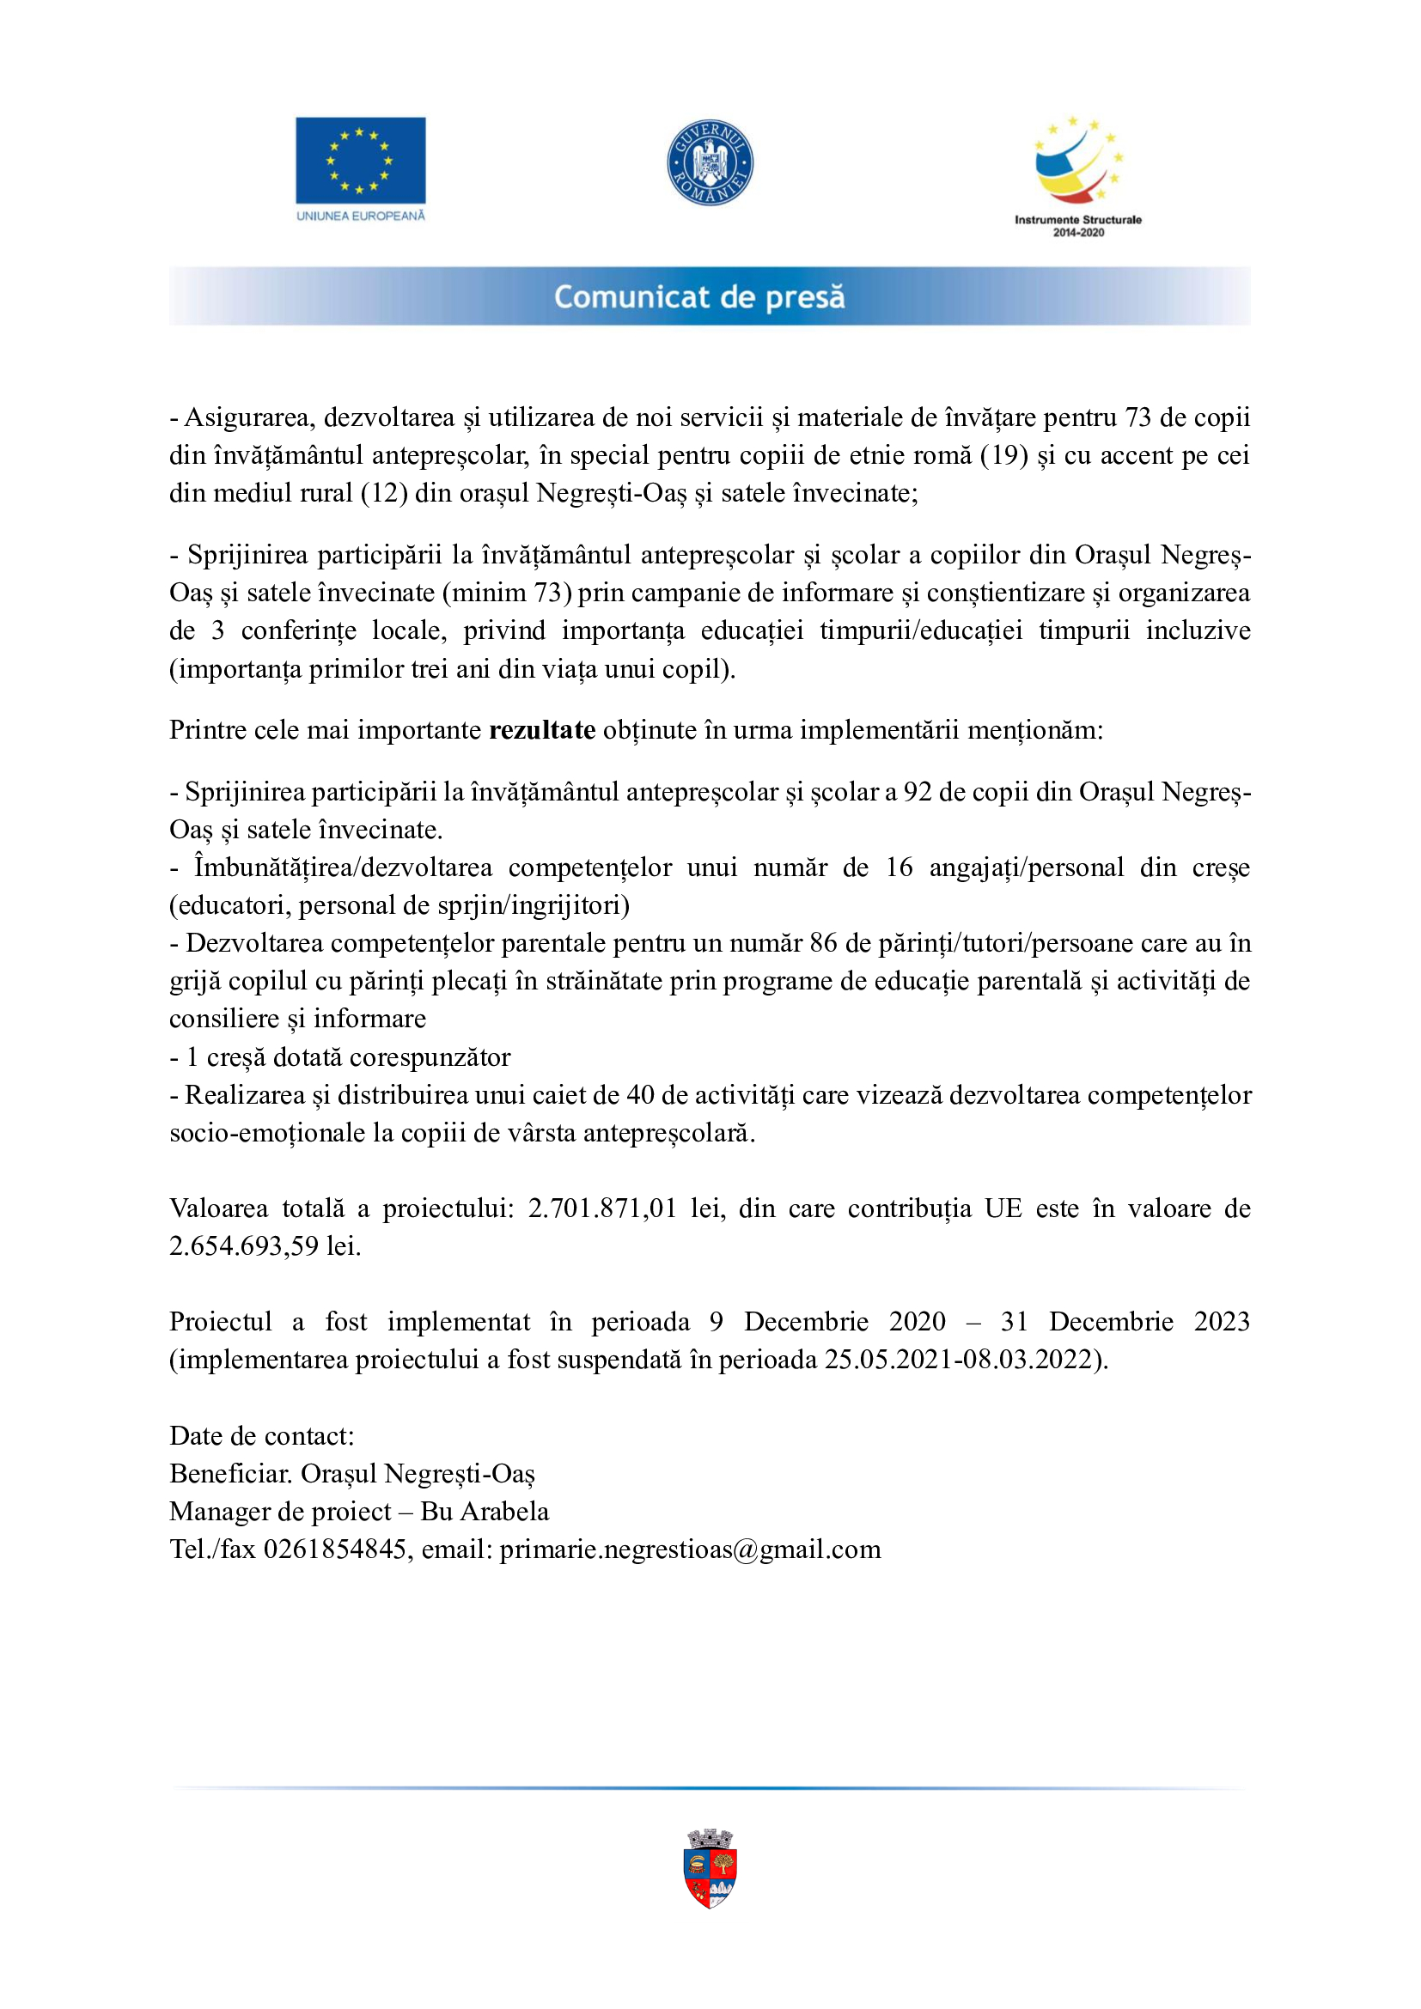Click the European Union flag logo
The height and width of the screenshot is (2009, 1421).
coord(360,161)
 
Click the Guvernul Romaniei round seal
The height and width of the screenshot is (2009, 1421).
coord(710,162)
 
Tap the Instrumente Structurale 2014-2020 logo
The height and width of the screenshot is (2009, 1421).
coord(1078,175)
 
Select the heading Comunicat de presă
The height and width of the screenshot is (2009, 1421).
coord(699,297)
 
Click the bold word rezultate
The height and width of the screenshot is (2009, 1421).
coord(541,730)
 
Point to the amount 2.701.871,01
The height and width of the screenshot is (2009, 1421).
coord(602,1208)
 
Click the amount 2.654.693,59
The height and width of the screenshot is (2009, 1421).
coord(243,1246)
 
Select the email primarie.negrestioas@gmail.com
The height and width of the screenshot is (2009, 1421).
coord(690,1549)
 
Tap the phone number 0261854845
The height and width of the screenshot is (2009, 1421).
coord(335,1549)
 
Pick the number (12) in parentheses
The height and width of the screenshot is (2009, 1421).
coord(384,494)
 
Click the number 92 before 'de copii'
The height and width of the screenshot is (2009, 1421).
coord(917,792)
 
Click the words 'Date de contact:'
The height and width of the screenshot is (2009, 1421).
coord(262,1436)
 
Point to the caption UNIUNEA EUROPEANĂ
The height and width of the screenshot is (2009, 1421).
coord(361,216)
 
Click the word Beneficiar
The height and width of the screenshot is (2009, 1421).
coord(230,1474)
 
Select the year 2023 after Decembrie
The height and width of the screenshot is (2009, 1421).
coord(1222,1321)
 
